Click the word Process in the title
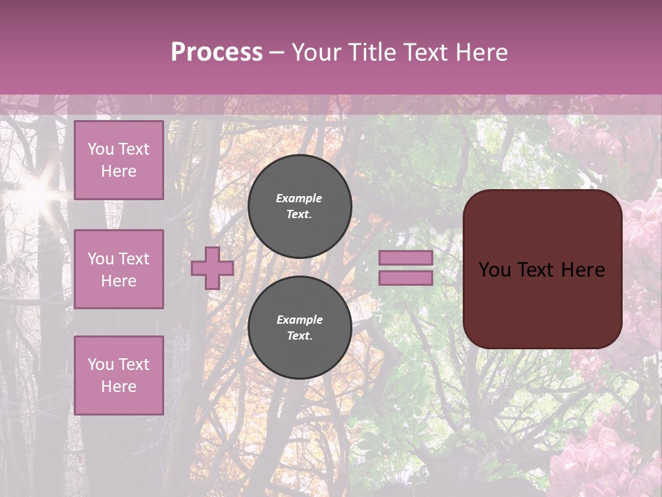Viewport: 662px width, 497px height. (217, 52)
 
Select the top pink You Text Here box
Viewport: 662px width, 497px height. (119, 160)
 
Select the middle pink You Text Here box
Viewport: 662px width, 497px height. (119, 269)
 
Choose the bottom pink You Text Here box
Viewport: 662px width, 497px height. (119, 376)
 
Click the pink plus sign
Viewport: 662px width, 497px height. (212, 268)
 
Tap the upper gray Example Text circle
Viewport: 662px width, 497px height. (300, 206)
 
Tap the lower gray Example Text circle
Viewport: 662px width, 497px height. (300, 328)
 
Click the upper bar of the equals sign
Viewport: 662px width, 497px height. (406, 258)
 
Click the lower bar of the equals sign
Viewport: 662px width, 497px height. (406, 278)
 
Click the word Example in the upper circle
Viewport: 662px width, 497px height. (299, 198)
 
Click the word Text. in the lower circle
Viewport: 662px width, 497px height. (299, 336)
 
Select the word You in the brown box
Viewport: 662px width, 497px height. (494, 270)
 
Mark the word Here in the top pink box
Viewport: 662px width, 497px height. (119, 171)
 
